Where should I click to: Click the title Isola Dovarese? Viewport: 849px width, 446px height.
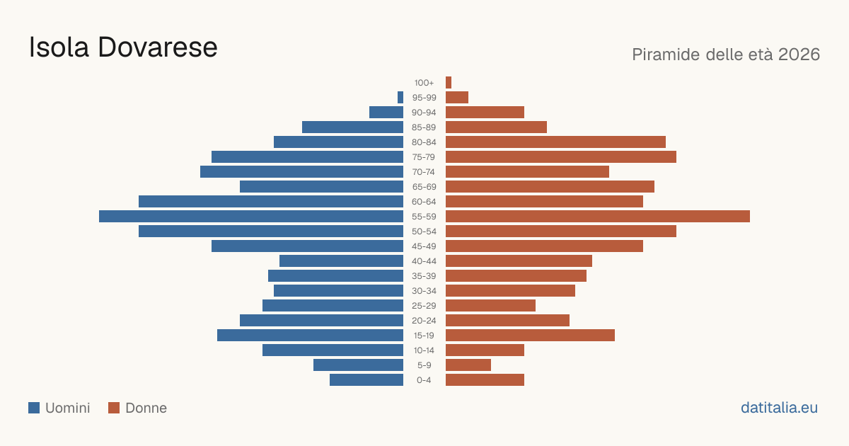click(123, 47)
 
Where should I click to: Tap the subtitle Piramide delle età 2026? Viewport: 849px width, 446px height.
click(726, 55)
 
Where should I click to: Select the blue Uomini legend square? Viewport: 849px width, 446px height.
click(34, 408)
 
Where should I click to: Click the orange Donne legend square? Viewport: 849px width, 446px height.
click(114, 408)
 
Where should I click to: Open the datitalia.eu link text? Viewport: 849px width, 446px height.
click(779, 408)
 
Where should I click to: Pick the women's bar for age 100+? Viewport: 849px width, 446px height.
click(449, 82)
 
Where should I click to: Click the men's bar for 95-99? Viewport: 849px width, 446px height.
click(400, 98)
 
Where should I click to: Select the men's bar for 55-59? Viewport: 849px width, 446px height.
click(251, 216)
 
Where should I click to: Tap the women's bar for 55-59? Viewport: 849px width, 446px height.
click(598, 216)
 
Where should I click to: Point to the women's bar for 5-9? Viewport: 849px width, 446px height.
click(468, 365)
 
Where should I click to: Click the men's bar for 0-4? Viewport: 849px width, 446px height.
click(366, 380)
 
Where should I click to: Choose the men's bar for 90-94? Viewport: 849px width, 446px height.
click(386, 113)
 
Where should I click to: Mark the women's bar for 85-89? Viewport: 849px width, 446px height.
click(496, 127)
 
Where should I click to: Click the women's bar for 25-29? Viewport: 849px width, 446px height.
click(490, 306)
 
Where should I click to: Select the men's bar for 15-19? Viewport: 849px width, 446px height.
click(310, 336)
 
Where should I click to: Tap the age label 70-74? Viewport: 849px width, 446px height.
click(424, 172)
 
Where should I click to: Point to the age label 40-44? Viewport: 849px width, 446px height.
click(424, 261)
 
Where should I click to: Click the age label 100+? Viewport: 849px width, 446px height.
click(424, 83)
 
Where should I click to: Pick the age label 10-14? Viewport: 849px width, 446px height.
click(424, 350)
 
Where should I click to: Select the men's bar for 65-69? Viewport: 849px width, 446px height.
click(321, 187)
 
